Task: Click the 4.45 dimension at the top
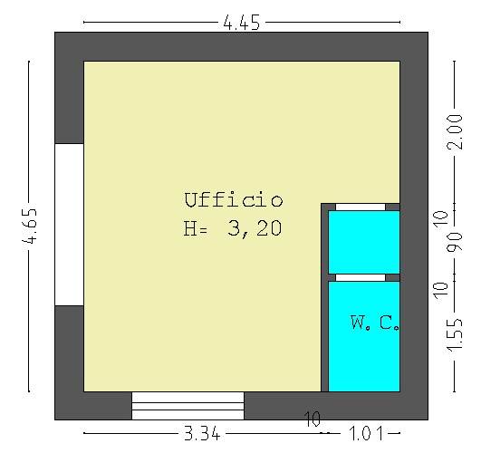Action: click(242, 23)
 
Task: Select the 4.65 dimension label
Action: click(30, 226)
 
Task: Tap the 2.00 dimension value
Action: click(455, 132)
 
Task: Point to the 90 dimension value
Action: click(455, 243)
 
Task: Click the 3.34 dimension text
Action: click(202, 433)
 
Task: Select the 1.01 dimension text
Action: click(366, 433)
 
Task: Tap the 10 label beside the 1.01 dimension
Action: click(313, 419)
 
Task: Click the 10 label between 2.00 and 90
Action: click(441, 219)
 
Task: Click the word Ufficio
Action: click(234, 200)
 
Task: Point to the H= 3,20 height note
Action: click(233, 228)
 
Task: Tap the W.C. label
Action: click(375, 323)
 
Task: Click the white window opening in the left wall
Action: click(70, 225)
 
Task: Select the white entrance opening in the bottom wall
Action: click(188, 405)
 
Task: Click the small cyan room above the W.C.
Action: click(364, 242)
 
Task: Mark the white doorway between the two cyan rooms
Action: click(361, 277)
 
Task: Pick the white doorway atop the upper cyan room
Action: click(361, 207)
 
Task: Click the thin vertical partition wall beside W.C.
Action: click(324, 297)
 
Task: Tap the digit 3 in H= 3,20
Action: click(234, 228)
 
